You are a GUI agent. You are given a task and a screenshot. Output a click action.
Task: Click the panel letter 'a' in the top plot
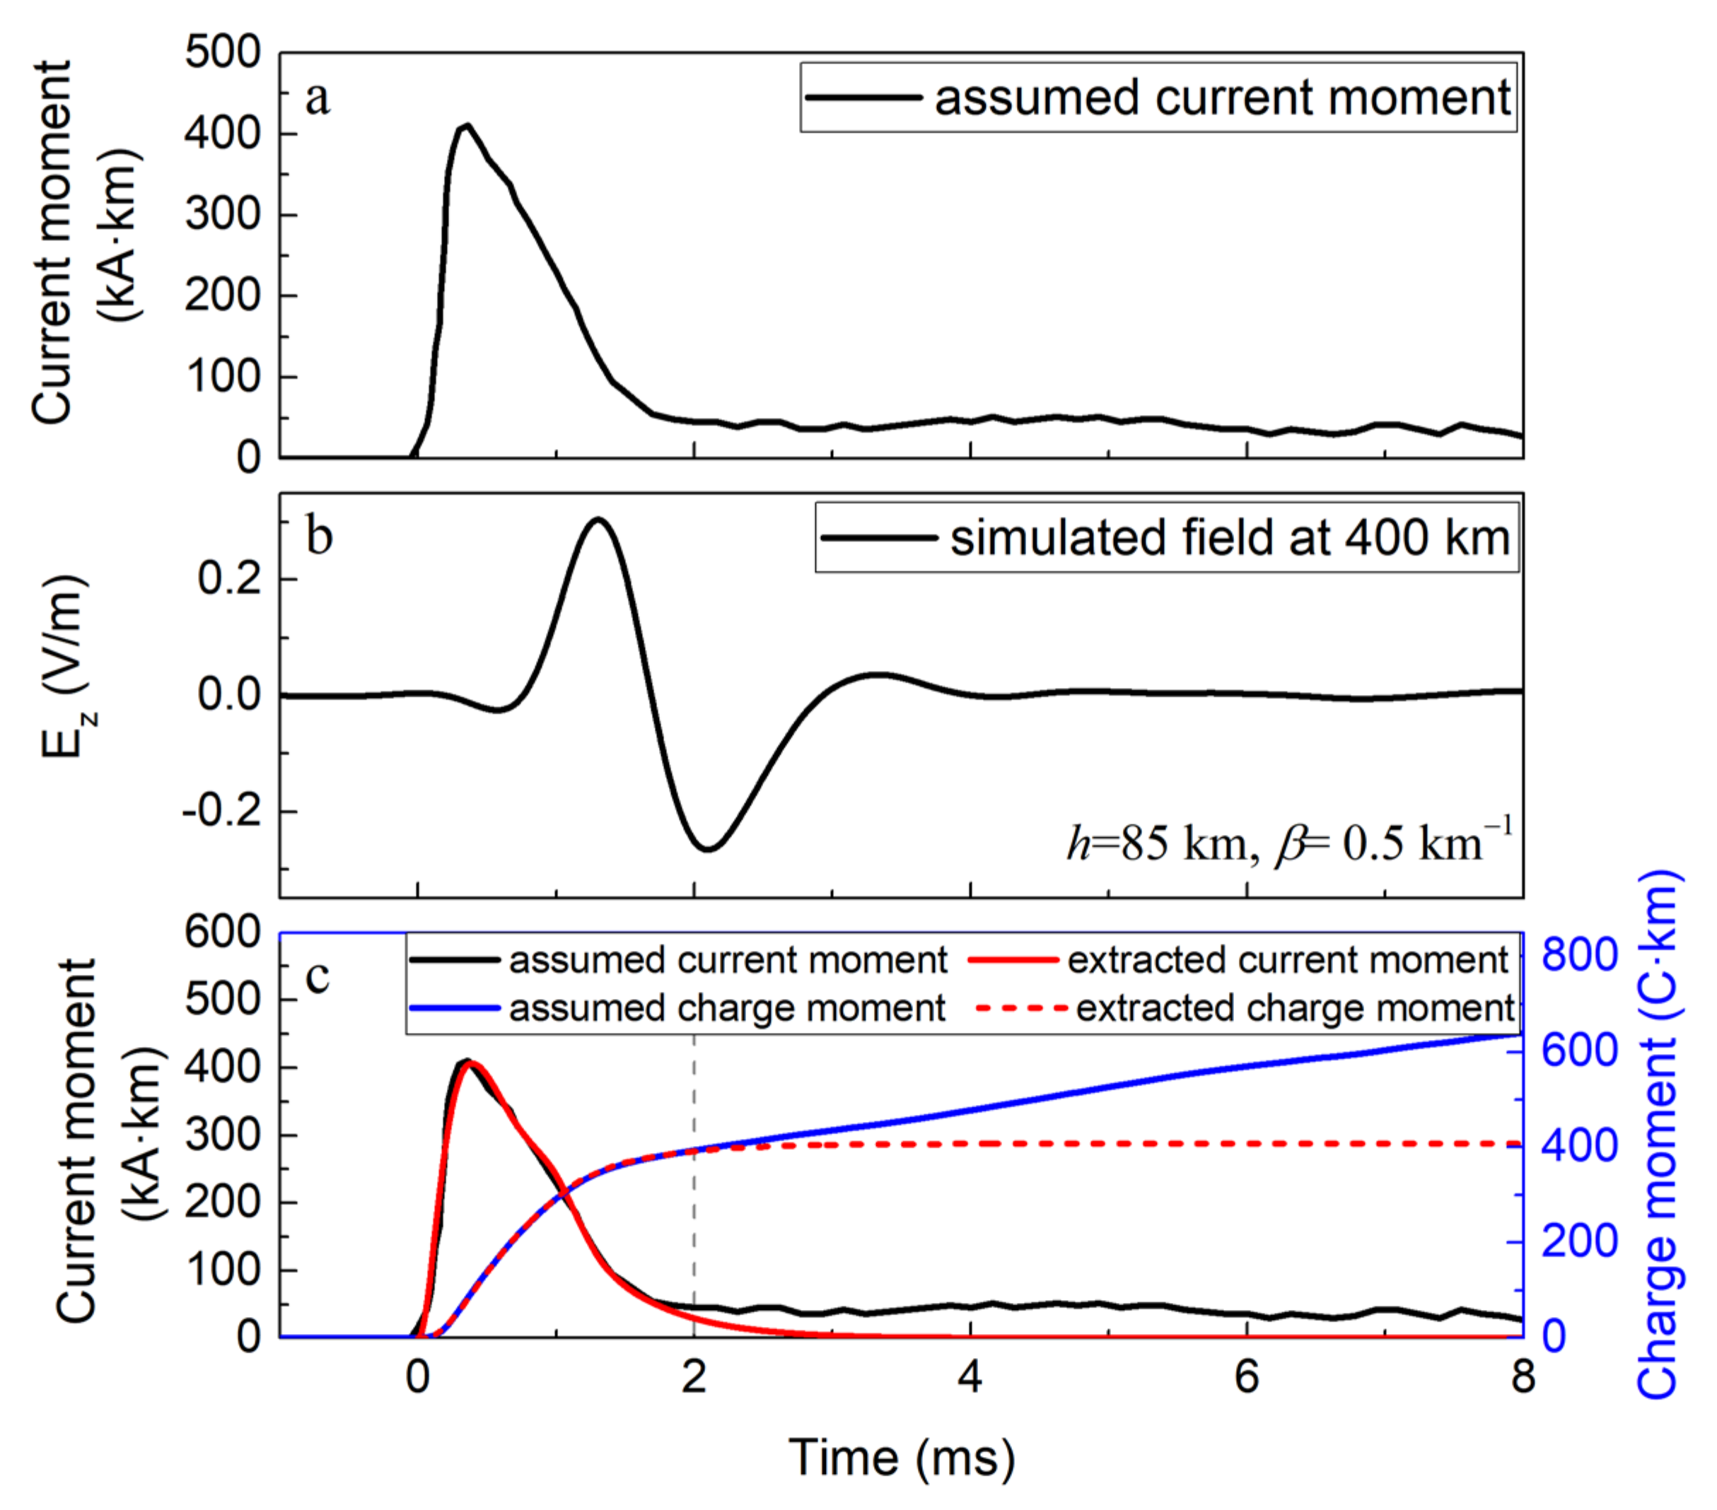[318, 99]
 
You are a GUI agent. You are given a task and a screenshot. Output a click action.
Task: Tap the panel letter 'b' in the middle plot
[319, 537]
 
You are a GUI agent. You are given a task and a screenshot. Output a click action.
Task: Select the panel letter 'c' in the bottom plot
[318, 976]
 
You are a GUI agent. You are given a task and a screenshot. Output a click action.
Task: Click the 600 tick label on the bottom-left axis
[223, 932]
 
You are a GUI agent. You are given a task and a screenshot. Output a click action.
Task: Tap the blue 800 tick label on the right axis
[1580, 955]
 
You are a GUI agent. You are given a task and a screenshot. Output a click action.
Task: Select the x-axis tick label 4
[970, 1377]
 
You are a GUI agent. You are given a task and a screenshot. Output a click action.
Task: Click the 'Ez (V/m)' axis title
[67, 667]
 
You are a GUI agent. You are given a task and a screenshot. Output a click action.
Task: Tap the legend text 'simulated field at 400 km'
[1230, 537]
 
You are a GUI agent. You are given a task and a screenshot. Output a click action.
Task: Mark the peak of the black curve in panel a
[467, 126]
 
